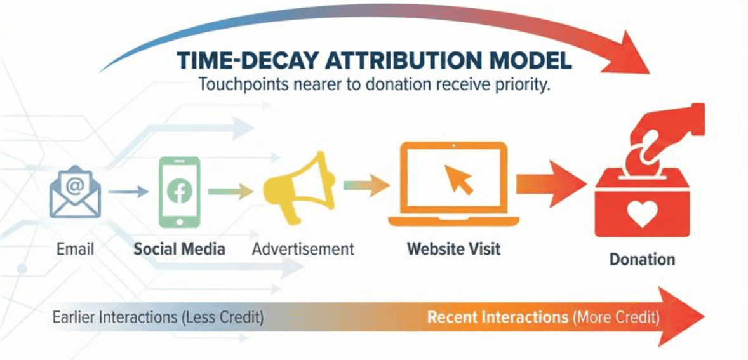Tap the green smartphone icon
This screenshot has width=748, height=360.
click(178, 191)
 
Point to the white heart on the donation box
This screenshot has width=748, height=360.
click(641, 215)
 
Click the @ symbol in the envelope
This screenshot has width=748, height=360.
click(75, 185)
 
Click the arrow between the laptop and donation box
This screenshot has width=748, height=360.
click(550, 184)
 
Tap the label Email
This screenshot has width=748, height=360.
click(75, 248)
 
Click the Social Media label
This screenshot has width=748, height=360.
click(179, 248)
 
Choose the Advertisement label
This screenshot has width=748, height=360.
click(303, 248)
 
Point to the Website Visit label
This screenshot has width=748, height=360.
click(453, 248)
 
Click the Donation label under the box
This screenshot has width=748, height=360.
click(642, 260)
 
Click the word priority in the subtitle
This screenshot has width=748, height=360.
click(518, 84)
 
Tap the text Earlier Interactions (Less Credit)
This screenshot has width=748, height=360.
click(158, 317)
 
